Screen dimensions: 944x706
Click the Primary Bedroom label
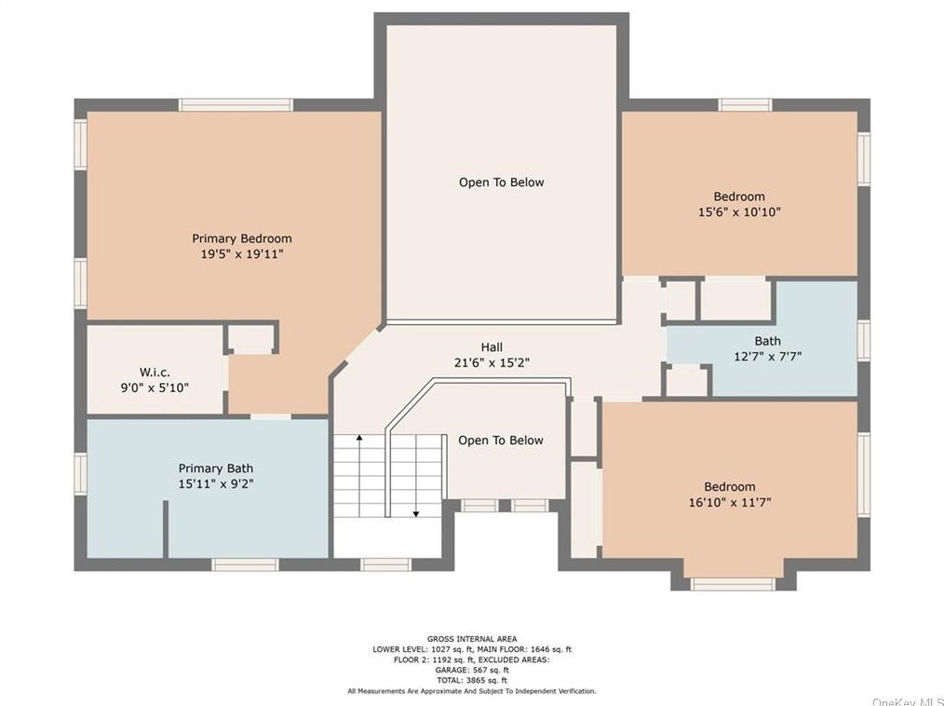242,238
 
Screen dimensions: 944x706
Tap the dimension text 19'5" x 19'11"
242,254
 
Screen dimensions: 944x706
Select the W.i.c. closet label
155,373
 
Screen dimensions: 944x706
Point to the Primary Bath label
216,468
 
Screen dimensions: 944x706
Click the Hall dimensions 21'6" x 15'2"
492,362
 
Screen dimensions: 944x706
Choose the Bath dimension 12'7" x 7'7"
768,356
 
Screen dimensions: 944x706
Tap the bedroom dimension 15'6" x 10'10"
739,212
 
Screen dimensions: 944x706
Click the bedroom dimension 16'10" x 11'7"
730,502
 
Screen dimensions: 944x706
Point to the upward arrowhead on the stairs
359,438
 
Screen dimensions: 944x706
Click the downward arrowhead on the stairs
416,514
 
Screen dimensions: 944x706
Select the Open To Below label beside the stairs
501,441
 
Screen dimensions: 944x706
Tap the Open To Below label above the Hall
502,183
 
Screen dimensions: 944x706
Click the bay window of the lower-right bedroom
733,584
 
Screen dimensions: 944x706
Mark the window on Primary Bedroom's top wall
236,105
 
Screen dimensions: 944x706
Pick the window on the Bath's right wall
864,341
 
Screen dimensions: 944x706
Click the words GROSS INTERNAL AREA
472,639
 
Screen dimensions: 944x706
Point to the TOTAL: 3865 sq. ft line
472,681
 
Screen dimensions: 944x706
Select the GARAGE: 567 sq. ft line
472,670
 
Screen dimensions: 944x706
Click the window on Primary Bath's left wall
80,474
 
